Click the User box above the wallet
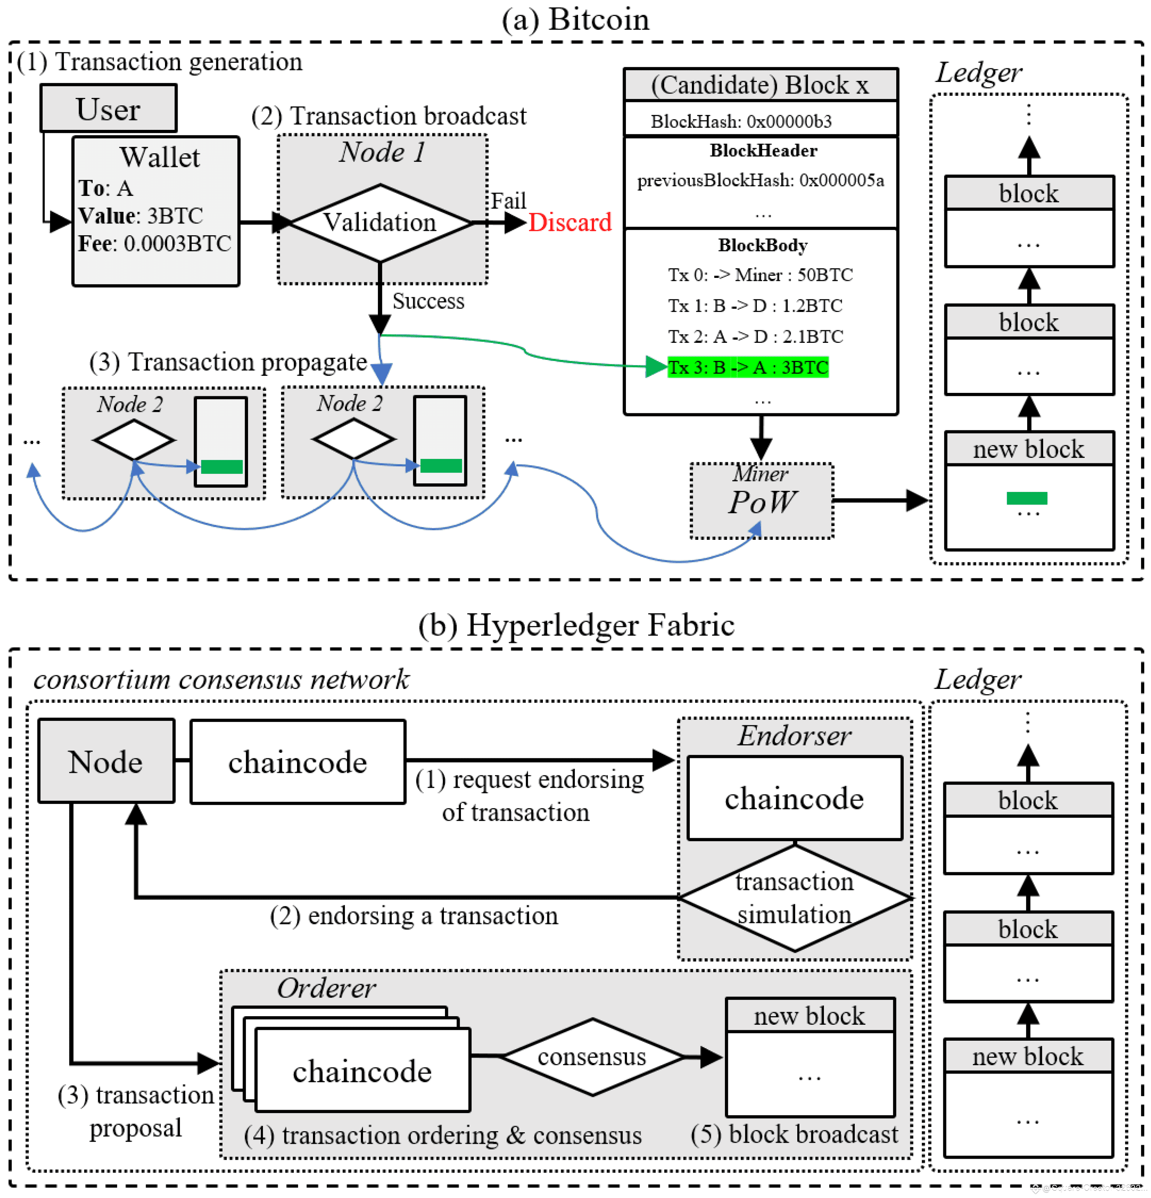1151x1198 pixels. tap(108, 109)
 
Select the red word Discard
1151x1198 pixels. tap(570, 223)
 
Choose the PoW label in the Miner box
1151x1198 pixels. tap(761, 502)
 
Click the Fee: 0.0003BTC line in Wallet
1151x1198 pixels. tap(155, 243)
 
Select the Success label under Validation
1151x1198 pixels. tap(428, 301)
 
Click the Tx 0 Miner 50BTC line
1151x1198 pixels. tap(760, 275)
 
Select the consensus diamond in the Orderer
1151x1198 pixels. tap(591, 1056)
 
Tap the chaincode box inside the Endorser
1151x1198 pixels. tap(794, 798)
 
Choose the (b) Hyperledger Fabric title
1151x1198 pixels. tap(575, 625)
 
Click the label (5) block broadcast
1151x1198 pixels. tap(794, 1135)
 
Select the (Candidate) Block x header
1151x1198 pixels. tap(760, 85)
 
